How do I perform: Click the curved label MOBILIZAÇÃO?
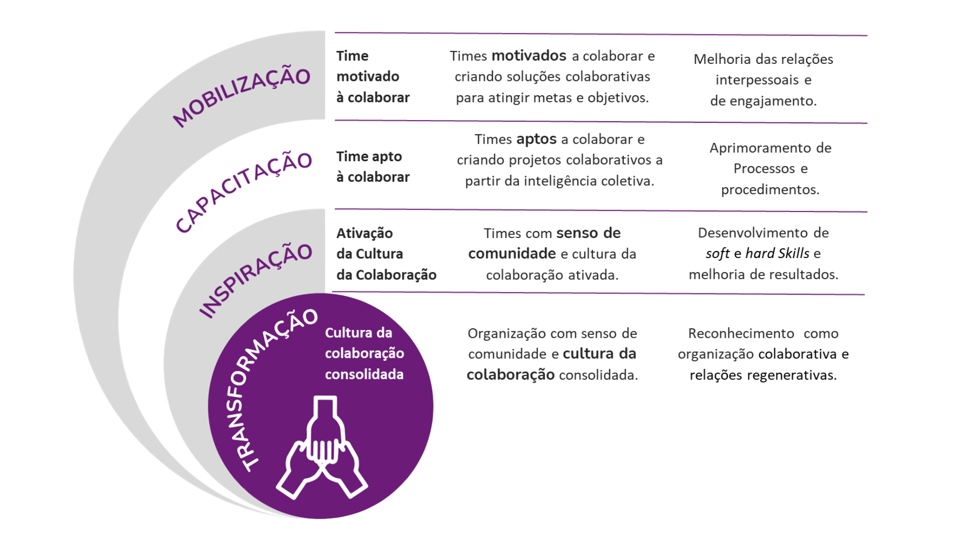(x=241, y=96)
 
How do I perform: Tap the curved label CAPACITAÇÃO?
(x=243, y=192)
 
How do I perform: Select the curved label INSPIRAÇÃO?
(x=255, y=280)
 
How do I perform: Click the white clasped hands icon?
(x=322, y=447)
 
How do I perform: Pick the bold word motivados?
(x=529, y=55)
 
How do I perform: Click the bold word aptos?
(x=536, y=139)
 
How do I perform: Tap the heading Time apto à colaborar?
(x=373, y=167)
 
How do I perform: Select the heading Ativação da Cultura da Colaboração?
(x=386, y=254)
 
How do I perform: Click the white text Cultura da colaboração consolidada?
(x=364, y=353)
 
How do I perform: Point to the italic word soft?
(x=718, y=254)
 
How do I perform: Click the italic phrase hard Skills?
(x=777, y=254)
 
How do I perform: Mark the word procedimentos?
(x=770, y=190)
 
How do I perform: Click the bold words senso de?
(x=588, y=233)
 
